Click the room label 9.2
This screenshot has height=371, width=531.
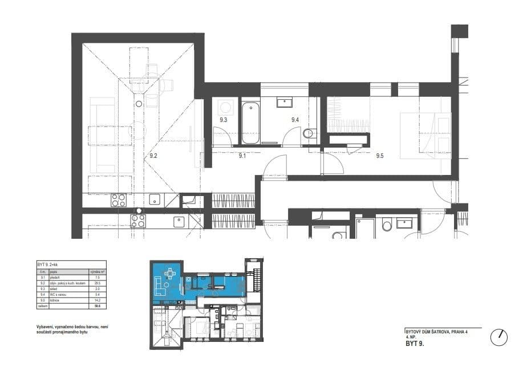[153, 155]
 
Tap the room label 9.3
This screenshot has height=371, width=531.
[223, 120]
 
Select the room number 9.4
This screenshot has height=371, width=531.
[295, 120]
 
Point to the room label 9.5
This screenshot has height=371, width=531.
[380, 155]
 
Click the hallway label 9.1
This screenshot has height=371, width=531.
[242, 155]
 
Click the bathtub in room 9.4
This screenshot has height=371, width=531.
[250, 123]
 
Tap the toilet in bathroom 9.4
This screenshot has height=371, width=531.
[309, 134]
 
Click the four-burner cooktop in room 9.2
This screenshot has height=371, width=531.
[119, 200]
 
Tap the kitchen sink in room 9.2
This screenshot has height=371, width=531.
[154, 200]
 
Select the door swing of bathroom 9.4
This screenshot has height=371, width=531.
[292, 137]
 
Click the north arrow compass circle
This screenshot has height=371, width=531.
[499, 337]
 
